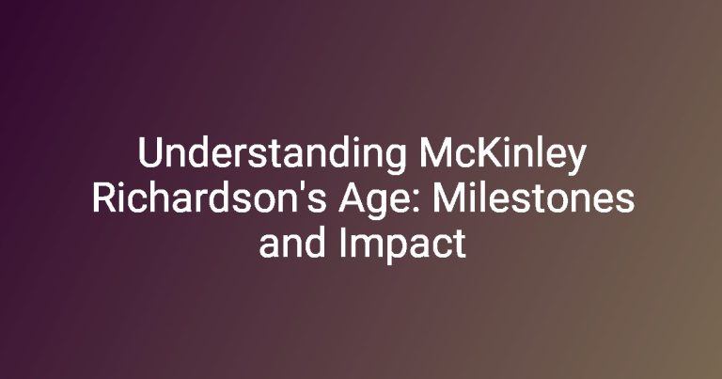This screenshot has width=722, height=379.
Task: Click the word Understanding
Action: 272,156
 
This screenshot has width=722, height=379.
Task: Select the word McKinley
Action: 501,156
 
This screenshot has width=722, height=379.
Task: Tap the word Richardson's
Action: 209,198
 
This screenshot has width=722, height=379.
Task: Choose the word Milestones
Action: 532,198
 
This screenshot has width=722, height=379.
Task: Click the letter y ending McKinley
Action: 574,160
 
